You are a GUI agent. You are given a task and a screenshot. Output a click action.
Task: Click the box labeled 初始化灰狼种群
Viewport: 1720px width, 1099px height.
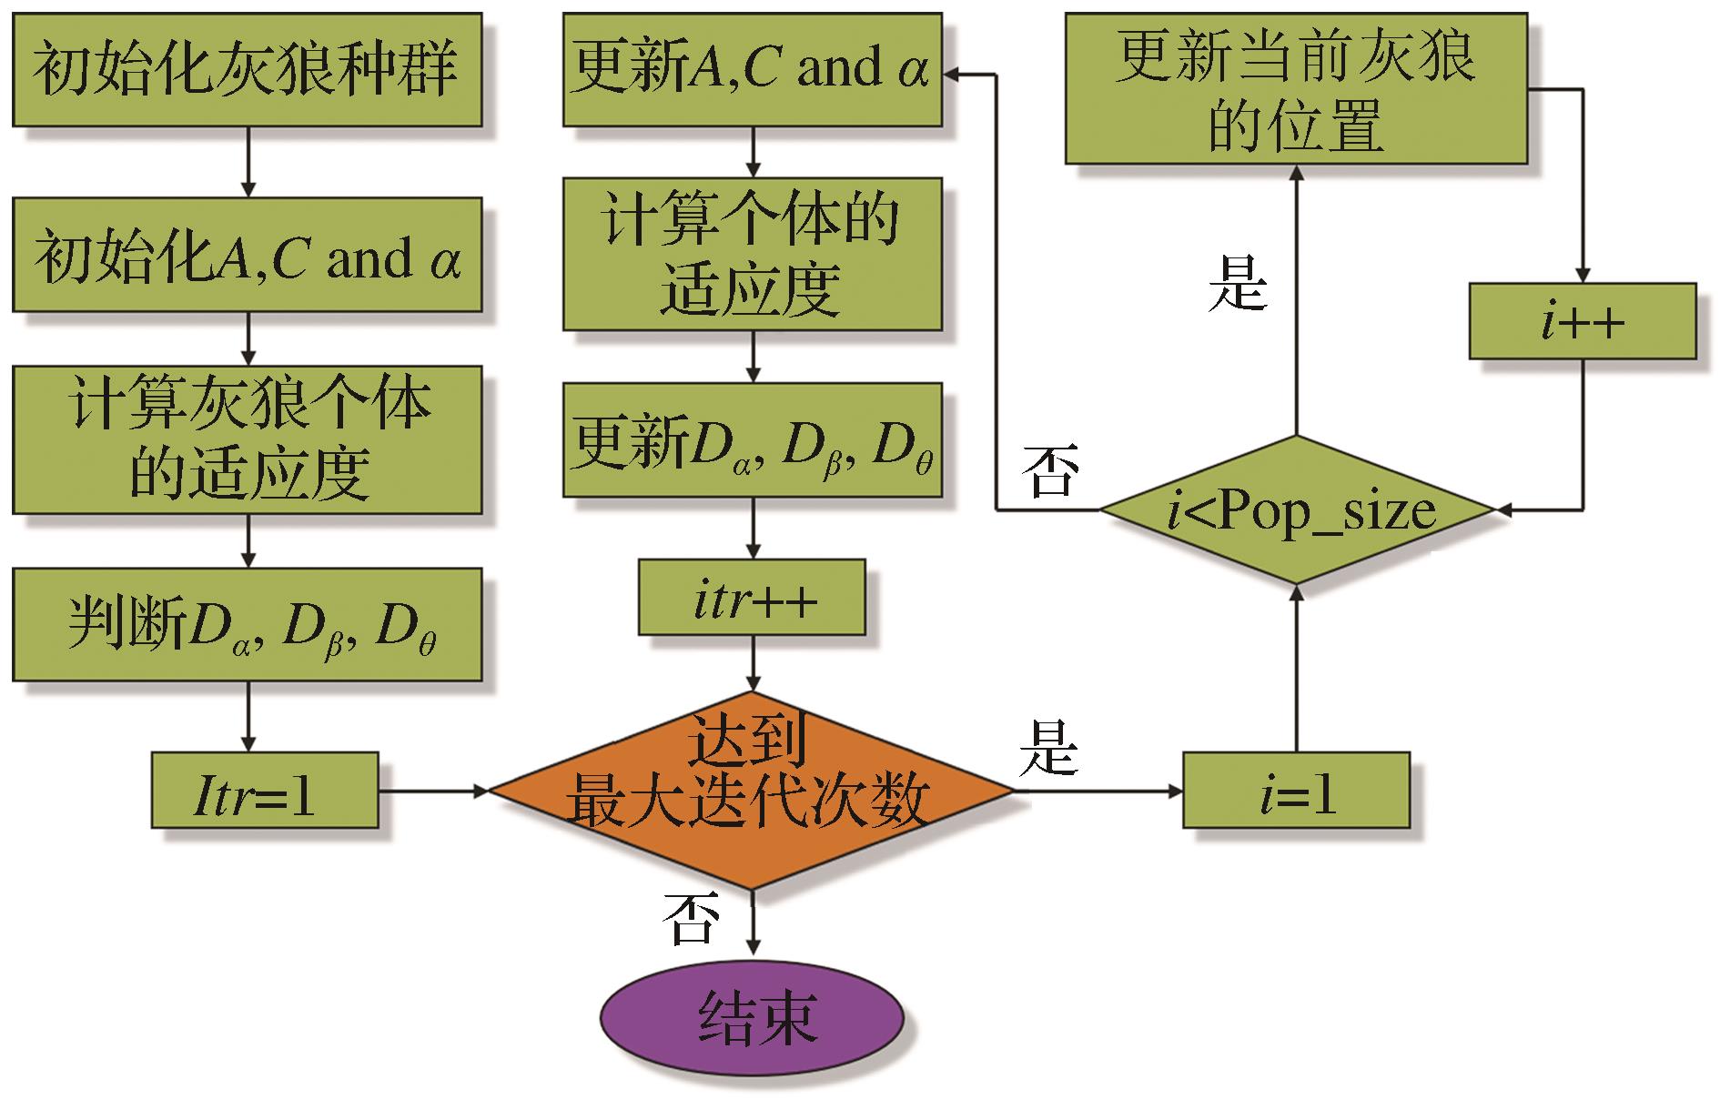pos(247,69)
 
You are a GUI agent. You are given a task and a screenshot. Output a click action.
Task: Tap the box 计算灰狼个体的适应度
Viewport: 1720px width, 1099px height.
pos(247,439)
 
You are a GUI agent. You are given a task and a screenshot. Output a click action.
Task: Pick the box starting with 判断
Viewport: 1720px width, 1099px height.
pos(247,624)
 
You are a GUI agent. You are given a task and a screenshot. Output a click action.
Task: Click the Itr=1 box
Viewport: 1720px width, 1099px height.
pos(264,790)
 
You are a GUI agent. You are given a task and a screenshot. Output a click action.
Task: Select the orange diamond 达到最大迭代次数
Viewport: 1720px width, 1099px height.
pos(752,790)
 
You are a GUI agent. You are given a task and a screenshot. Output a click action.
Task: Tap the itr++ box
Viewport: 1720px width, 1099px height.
pos(752,597)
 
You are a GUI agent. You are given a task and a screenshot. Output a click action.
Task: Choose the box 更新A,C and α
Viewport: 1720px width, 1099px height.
pos(752,69)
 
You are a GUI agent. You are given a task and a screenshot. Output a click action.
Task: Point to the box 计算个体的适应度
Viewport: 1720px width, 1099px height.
pos(752,254)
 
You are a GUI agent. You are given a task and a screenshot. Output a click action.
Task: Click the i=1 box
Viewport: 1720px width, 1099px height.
pos(1296,790)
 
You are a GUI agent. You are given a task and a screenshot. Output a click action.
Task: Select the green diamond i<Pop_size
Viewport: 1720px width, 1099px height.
pos(1298,509)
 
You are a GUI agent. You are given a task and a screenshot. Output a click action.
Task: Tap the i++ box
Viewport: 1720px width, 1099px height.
pos(1583,320)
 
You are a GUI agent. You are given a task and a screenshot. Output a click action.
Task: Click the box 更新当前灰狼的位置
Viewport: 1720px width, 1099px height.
pos(1296,88)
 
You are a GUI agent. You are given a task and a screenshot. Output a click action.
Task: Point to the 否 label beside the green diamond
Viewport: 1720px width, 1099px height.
pos(1050,470)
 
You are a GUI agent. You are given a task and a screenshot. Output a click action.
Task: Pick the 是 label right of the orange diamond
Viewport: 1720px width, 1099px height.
pos(1048,748)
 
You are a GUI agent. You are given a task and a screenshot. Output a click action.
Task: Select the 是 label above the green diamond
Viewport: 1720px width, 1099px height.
pos(1238,284)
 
